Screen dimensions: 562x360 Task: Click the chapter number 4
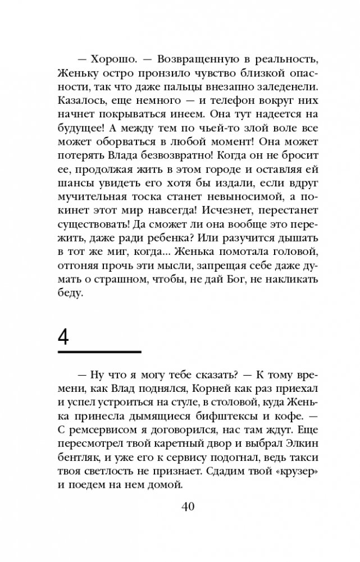64,339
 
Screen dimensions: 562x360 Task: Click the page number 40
188,523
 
